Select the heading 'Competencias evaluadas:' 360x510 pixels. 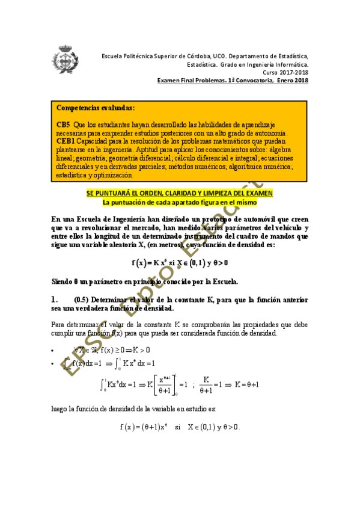(96, 108)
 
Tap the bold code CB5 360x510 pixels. (64, 124)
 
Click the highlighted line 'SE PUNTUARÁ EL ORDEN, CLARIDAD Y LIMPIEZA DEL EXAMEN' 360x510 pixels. (180, 193)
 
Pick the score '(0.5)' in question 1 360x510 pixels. (82, 300)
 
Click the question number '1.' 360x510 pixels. (55, 300)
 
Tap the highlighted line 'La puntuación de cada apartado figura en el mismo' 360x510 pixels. (180, 203)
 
